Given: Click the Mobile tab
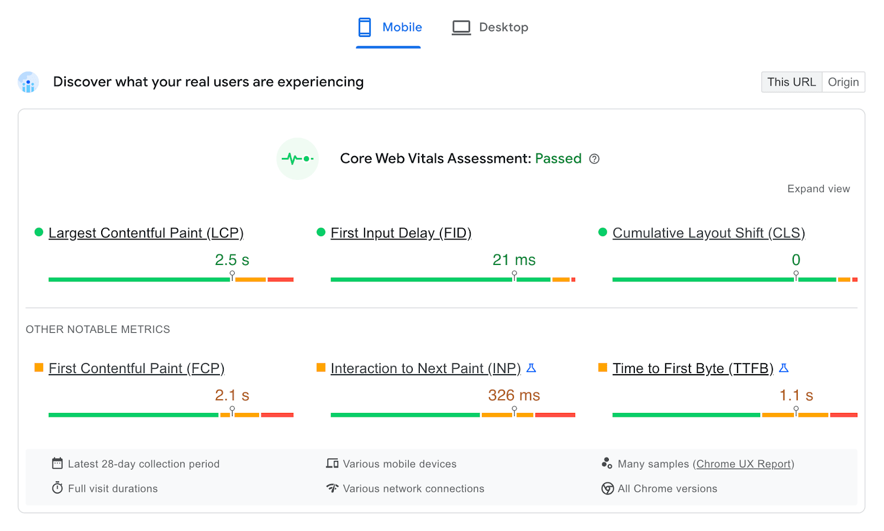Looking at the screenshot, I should [x=390, y=28].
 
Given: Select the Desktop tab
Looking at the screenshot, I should [x=490, y=28].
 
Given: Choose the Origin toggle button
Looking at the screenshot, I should [x=843, y=82].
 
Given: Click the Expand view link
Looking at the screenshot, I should [x=818, y=189].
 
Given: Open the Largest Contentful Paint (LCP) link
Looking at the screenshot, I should [x=146, y=233].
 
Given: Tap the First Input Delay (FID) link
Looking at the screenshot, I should [x=401, y=233].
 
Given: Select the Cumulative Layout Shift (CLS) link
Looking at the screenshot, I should [x=708, y=233].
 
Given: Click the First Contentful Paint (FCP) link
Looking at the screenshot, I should [x=136, y=368].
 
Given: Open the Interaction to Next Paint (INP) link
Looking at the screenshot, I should [x=425, y=368].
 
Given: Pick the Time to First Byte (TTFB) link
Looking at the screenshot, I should [x=693, y=368].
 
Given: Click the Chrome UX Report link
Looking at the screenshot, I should [x=744, y=464].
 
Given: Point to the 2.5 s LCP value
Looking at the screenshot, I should [x=232, y=260].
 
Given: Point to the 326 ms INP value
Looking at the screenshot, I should [x=514, y=395].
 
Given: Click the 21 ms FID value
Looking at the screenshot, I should [x=514, y=260].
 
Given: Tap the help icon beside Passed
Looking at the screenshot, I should [x=594, y=159].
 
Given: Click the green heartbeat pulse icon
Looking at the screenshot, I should [x=298, y=159].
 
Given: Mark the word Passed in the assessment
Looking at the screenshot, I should [x=558, y=159].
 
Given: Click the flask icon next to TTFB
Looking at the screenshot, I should [x=783, y=368].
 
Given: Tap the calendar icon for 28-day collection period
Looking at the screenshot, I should [x=57, y=464].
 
